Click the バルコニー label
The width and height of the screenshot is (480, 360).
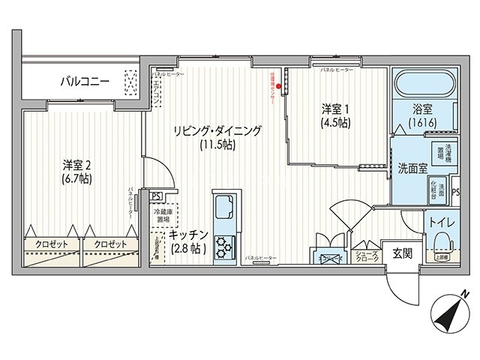[85, 81]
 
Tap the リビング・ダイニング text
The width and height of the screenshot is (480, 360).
[214, 130]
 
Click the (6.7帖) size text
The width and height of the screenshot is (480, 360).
[76, 179]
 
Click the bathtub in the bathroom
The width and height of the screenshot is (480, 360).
[421, 84]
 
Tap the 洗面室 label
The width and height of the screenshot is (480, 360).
[412, 169]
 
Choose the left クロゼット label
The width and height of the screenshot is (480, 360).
[46, 244]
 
